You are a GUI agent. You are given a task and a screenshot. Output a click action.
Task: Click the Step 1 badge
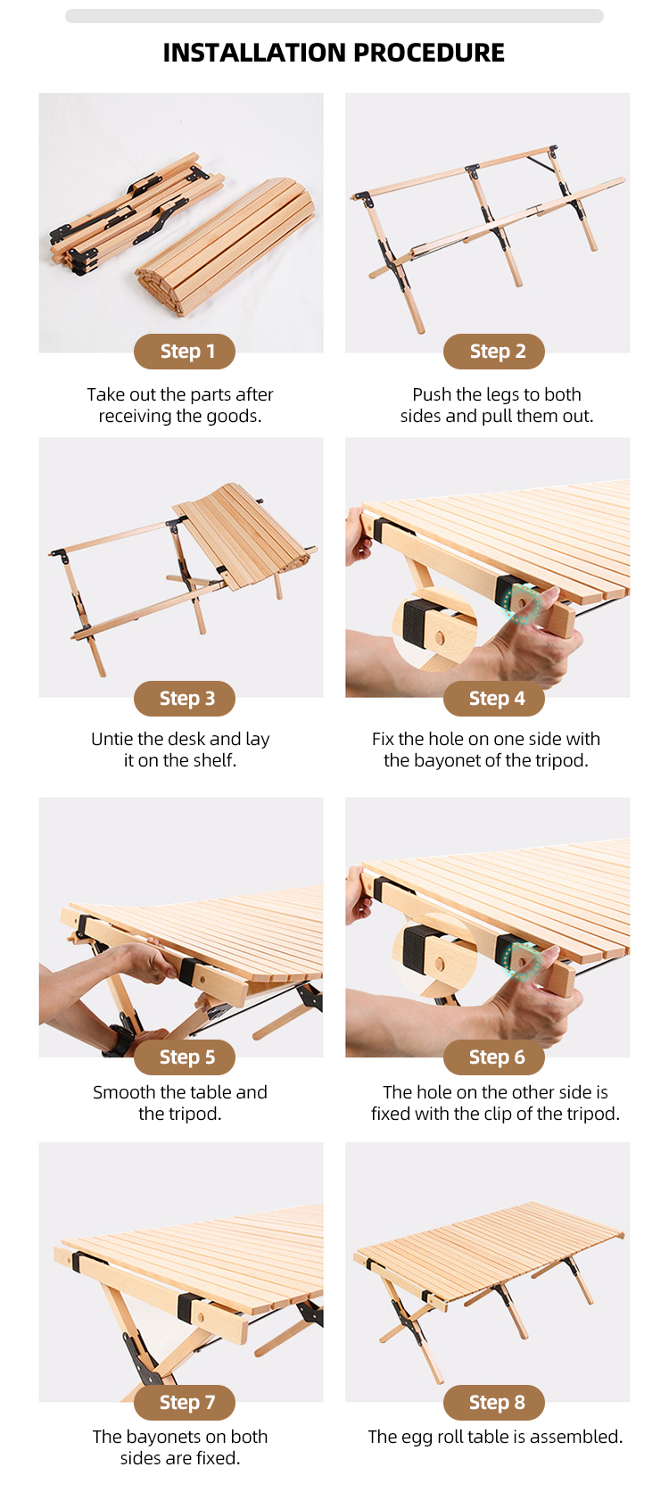coord(185,352)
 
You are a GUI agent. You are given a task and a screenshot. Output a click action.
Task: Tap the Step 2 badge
coord(494,352)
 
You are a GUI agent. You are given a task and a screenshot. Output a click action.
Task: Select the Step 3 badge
coord(185,699)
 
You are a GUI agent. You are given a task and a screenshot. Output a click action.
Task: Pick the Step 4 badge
coord(494,699)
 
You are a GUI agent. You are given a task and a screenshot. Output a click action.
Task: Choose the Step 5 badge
coord(185,1057)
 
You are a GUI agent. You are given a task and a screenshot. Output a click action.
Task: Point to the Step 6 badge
coord(494,1057)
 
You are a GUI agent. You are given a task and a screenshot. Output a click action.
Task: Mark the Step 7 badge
coord(185,1403)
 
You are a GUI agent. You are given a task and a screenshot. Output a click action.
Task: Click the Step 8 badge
coord(494,1403)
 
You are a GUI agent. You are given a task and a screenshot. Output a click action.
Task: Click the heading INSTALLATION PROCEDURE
coord(334,53)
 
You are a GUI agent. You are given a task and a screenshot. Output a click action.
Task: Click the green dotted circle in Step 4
coord(522,603)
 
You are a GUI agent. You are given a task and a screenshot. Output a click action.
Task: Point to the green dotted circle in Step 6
coord(522,960)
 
